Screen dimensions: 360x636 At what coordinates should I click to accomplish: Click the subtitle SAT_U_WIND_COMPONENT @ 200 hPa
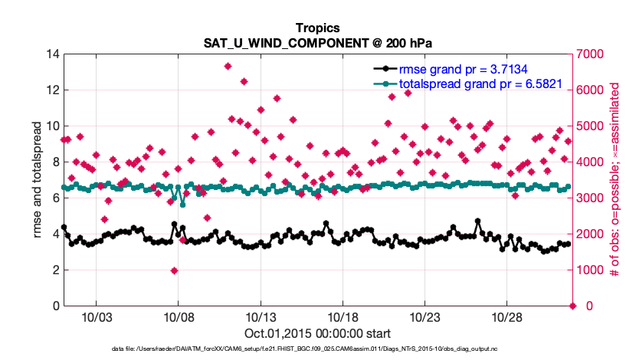pos(318,43)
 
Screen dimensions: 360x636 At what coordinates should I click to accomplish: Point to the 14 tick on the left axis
pos(52,54)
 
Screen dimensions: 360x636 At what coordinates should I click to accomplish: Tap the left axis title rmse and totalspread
pos(36,180)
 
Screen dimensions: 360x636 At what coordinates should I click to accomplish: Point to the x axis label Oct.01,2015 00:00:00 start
pos(318,333)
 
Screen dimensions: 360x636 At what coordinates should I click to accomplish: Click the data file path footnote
pos(318,349)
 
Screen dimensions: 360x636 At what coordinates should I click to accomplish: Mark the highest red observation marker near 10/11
pos(228,67)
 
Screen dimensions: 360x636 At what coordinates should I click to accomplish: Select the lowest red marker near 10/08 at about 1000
pos(175,270)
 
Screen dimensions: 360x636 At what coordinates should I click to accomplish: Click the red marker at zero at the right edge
pos(572,306)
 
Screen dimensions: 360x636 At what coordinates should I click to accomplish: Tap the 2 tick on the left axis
pos(55,270)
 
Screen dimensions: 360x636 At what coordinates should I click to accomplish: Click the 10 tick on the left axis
pos(52,126)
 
